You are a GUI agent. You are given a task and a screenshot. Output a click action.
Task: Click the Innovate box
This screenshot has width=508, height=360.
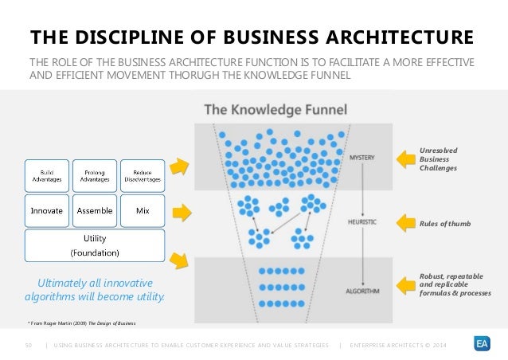coord(47,211)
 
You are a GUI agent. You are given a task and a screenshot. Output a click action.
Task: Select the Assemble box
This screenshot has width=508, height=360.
coord(95,211)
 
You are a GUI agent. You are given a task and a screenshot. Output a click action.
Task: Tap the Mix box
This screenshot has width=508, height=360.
coord(143,211)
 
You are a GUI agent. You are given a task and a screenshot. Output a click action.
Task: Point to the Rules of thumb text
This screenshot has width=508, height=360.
coord(444,224)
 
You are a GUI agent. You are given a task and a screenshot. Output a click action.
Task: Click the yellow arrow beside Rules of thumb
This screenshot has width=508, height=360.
coord(405,223)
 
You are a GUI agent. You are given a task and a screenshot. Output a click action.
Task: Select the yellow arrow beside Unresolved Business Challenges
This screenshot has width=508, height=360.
coord(405,158)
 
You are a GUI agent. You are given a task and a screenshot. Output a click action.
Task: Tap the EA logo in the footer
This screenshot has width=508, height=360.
coord(482,343)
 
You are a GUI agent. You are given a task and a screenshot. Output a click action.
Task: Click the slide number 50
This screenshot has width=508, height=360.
coord(28,344)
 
